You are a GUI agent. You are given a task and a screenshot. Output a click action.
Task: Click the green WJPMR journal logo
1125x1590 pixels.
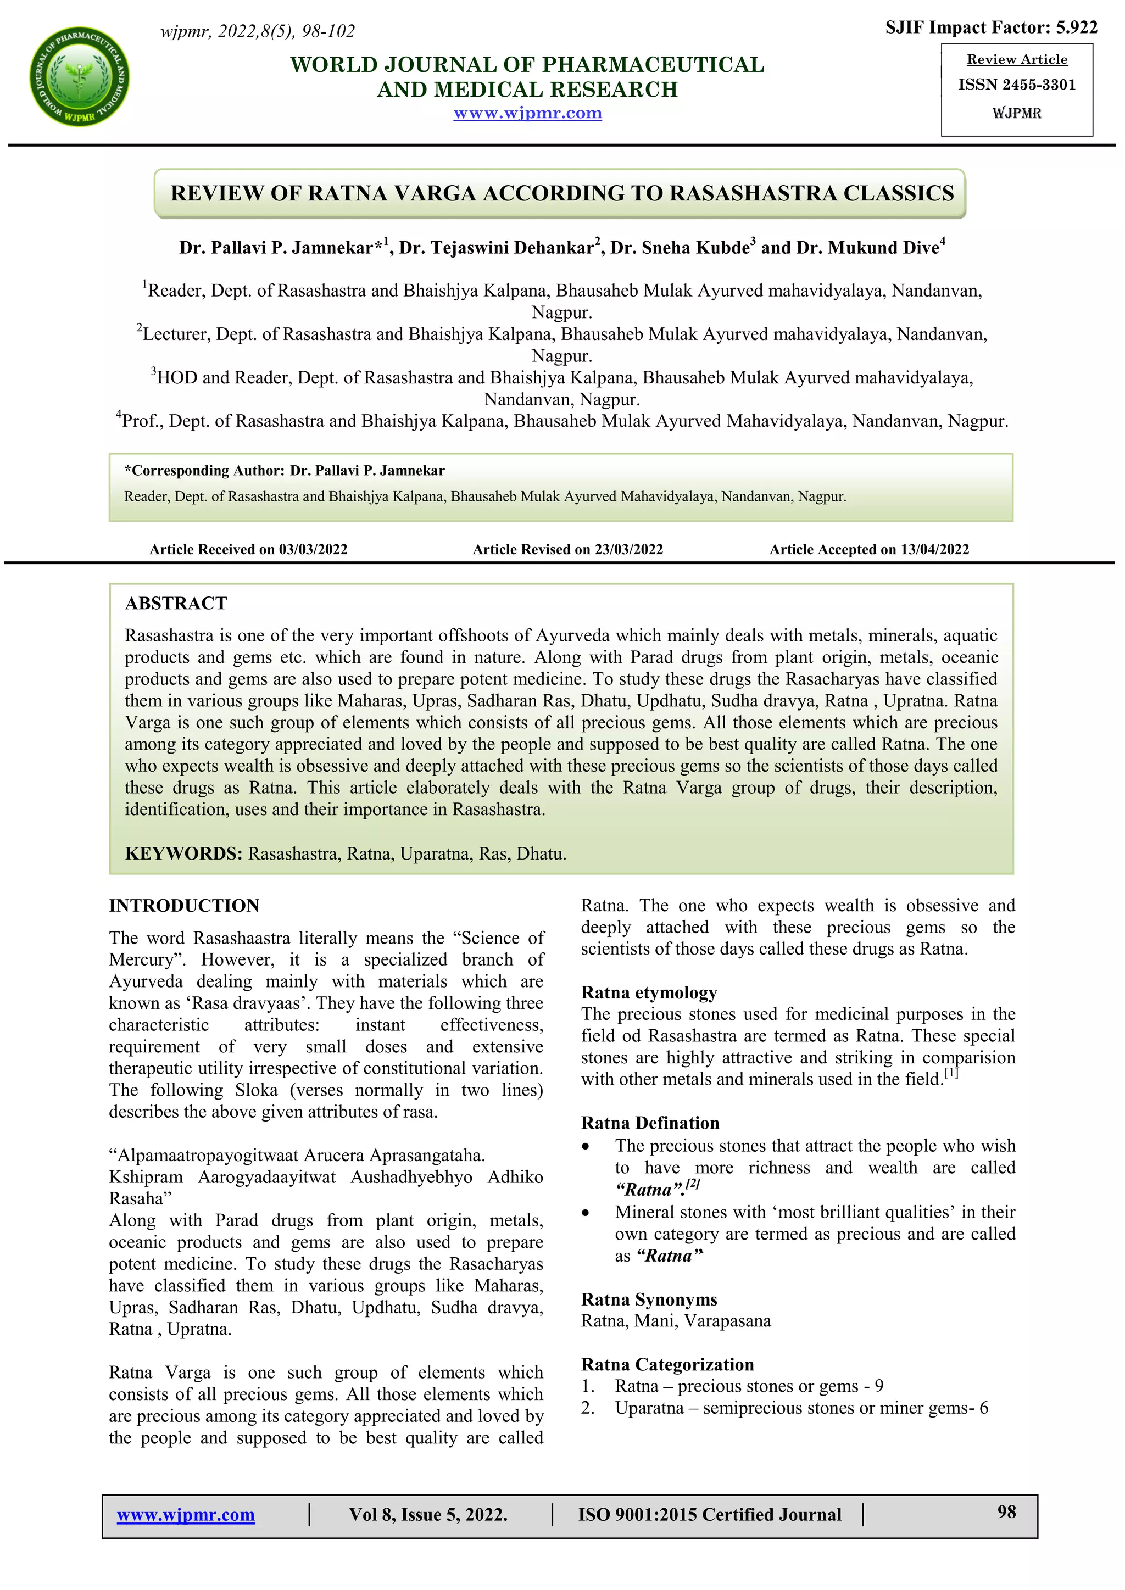point(80,77)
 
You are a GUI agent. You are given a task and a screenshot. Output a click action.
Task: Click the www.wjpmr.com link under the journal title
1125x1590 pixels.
point(527,113)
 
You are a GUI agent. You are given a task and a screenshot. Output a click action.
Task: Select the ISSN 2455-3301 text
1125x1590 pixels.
point(1016,85)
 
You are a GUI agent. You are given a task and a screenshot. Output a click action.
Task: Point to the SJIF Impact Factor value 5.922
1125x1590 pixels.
point(1077,27)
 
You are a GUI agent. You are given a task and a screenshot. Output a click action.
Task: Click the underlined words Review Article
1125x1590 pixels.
point(1016,59)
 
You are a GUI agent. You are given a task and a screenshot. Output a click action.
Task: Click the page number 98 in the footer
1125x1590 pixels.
point(1006,1512)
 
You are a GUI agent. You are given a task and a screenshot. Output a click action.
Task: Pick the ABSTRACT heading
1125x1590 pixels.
point(176,603)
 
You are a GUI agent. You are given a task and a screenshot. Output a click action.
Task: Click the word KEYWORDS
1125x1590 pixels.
point(183,853)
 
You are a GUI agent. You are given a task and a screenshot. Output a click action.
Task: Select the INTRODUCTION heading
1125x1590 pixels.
point(183,905)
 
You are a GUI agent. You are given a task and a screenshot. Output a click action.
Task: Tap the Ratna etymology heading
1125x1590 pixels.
point(649,992)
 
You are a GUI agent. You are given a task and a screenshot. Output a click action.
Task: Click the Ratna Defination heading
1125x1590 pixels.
point(650,1123)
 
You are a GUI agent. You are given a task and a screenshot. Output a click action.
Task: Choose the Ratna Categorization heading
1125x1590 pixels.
point(667,1364)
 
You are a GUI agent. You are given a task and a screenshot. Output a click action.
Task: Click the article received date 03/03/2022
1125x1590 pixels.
point(313,549)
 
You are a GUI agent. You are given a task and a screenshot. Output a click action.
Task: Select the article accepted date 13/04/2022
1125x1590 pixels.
point(934,549)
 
